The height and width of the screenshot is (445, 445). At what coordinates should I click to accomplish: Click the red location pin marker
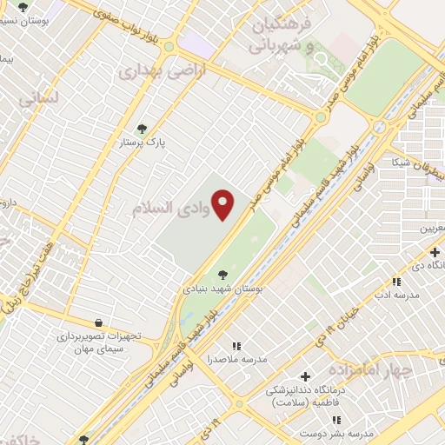(223, 204)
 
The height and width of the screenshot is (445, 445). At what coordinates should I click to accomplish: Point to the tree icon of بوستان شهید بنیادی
(224, 273)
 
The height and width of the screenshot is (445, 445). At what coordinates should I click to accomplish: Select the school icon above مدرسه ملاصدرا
(236, 345)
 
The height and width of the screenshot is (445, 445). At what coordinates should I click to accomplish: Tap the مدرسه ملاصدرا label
(236, 359)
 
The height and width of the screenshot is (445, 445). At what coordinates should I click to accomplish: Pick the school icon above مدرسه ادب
(396, 282)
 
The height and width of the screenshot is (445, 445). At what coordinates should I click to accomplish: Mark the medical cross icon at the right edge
(435, 252)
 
